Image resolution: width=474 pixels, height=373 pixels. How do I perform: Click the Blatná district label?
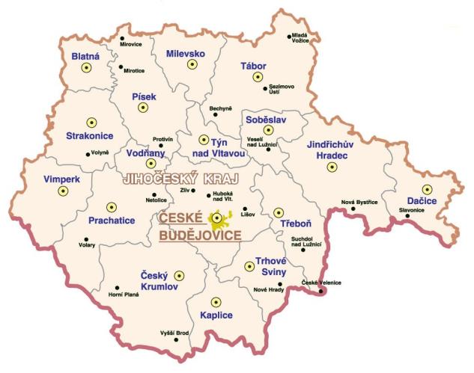(85, 56)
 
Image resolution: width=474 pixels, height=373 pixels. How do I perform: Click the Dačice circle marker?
(426, 189)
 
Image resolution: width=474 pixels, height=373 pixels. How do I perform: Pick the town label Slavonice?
(412, 210)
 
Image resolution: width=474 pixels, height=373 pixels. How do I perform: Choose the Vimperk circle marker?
(63, 191)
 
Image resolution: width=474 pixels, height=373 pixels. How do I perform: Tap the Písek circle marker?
(142, 107)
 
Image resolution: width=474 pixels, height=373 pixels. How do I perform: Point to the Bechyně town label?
(222, 108)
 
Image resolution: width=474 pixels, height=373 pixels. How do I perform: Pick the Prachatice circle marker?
(112, 207)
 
